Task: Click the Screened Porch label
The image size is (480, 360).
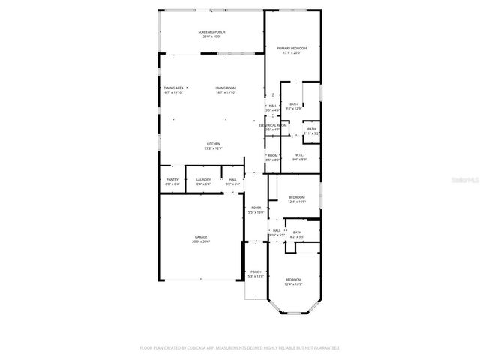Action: point(211,32)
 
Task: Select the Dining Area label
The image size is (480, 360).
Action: point(174,88)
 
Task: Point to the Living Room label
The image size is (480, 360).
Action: point(226,88)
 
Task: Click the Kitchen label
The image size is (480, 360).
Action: point(214,144)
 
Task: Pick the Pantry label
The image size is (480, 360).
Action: point(172,179)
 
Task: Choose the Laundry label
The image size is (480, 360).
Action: point(203,179)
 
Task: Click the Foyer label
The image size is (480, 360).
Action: point(256,208)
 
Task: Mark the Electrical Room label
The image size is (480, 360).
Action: point(273,125)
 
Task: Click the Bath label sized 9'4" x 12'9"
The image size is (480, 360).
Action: point(293,104)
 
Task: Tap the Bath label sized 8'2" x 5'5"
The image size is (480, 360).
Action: point(298,232)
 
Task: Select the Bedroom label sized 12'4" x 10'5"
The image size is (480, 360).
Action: point(297,197)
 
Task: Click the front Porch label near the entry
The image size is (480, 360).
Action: point(256,271)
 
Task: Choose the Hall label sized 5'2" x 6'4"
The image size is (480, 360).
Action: point(233,179)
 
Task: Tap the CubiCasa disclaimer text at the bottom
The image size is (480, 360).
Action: point(240,347)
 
